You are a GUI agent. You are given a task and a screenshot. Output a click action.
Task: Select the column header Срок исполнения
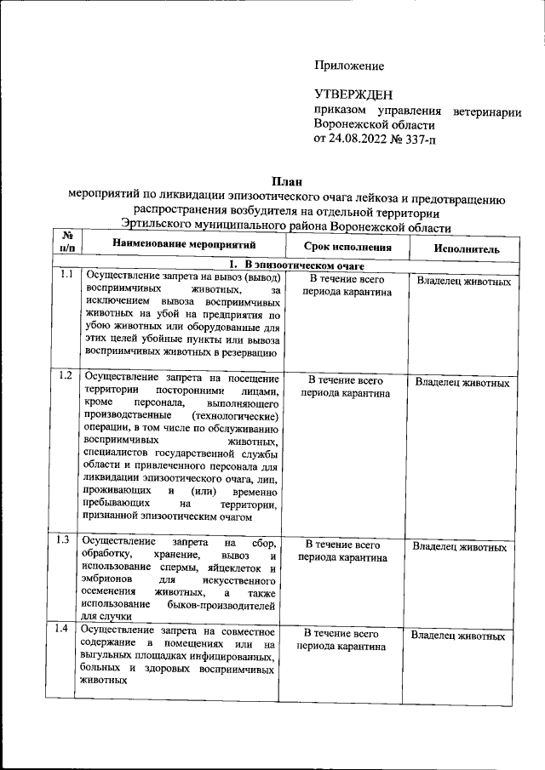pyautogui.click(x=347, y=248)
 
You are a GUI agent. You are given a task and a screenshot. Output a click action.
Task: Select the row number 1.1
pyautogui.click(x=65, y=276)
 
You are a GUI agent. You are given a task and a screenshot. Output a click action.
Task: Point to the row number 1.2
pyautogui.click(x=65, y=375)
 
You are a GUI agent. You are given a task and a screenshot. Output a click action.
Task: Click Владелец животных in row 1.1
pyautogui.click(x=464, y=282)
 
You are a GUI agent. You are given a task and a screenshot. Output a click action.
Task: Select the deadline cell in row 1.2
pyautogui.click(x=345, y=387)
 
